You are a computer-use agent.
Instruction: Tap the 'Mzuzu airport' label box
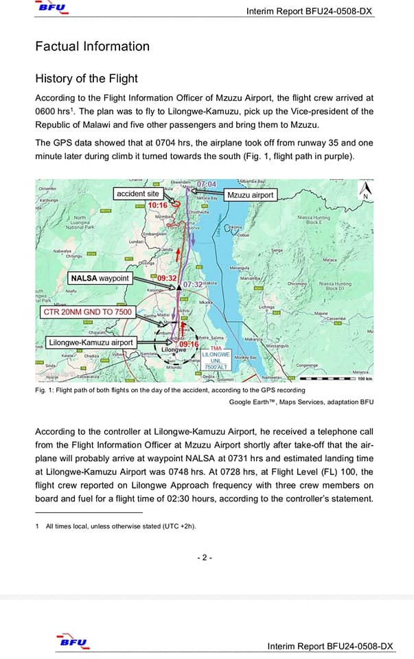point(250,195)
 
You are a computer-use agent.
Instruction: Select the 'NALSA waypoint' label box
point(100,278)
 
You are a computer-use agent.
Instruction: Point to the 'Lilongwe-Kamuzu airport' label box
point(91,342)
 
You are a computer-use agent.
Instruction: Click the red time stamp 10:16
point(158,205)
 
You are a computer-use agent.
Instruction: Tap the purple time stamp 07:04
point(206,185)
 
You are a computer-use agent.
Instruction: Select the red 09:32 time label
point(168,278)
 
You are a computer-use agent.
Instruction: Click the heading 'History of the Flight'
point(87,78)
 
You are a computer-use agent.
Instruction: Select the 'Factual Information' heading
point(92,47)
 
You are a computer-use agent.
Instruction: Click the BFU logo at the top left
point(53,8)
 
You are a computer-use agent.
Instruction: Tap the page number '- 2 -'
point(205,557)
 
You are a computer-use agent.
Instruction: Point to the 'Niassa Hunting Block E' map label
point(314,220)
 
